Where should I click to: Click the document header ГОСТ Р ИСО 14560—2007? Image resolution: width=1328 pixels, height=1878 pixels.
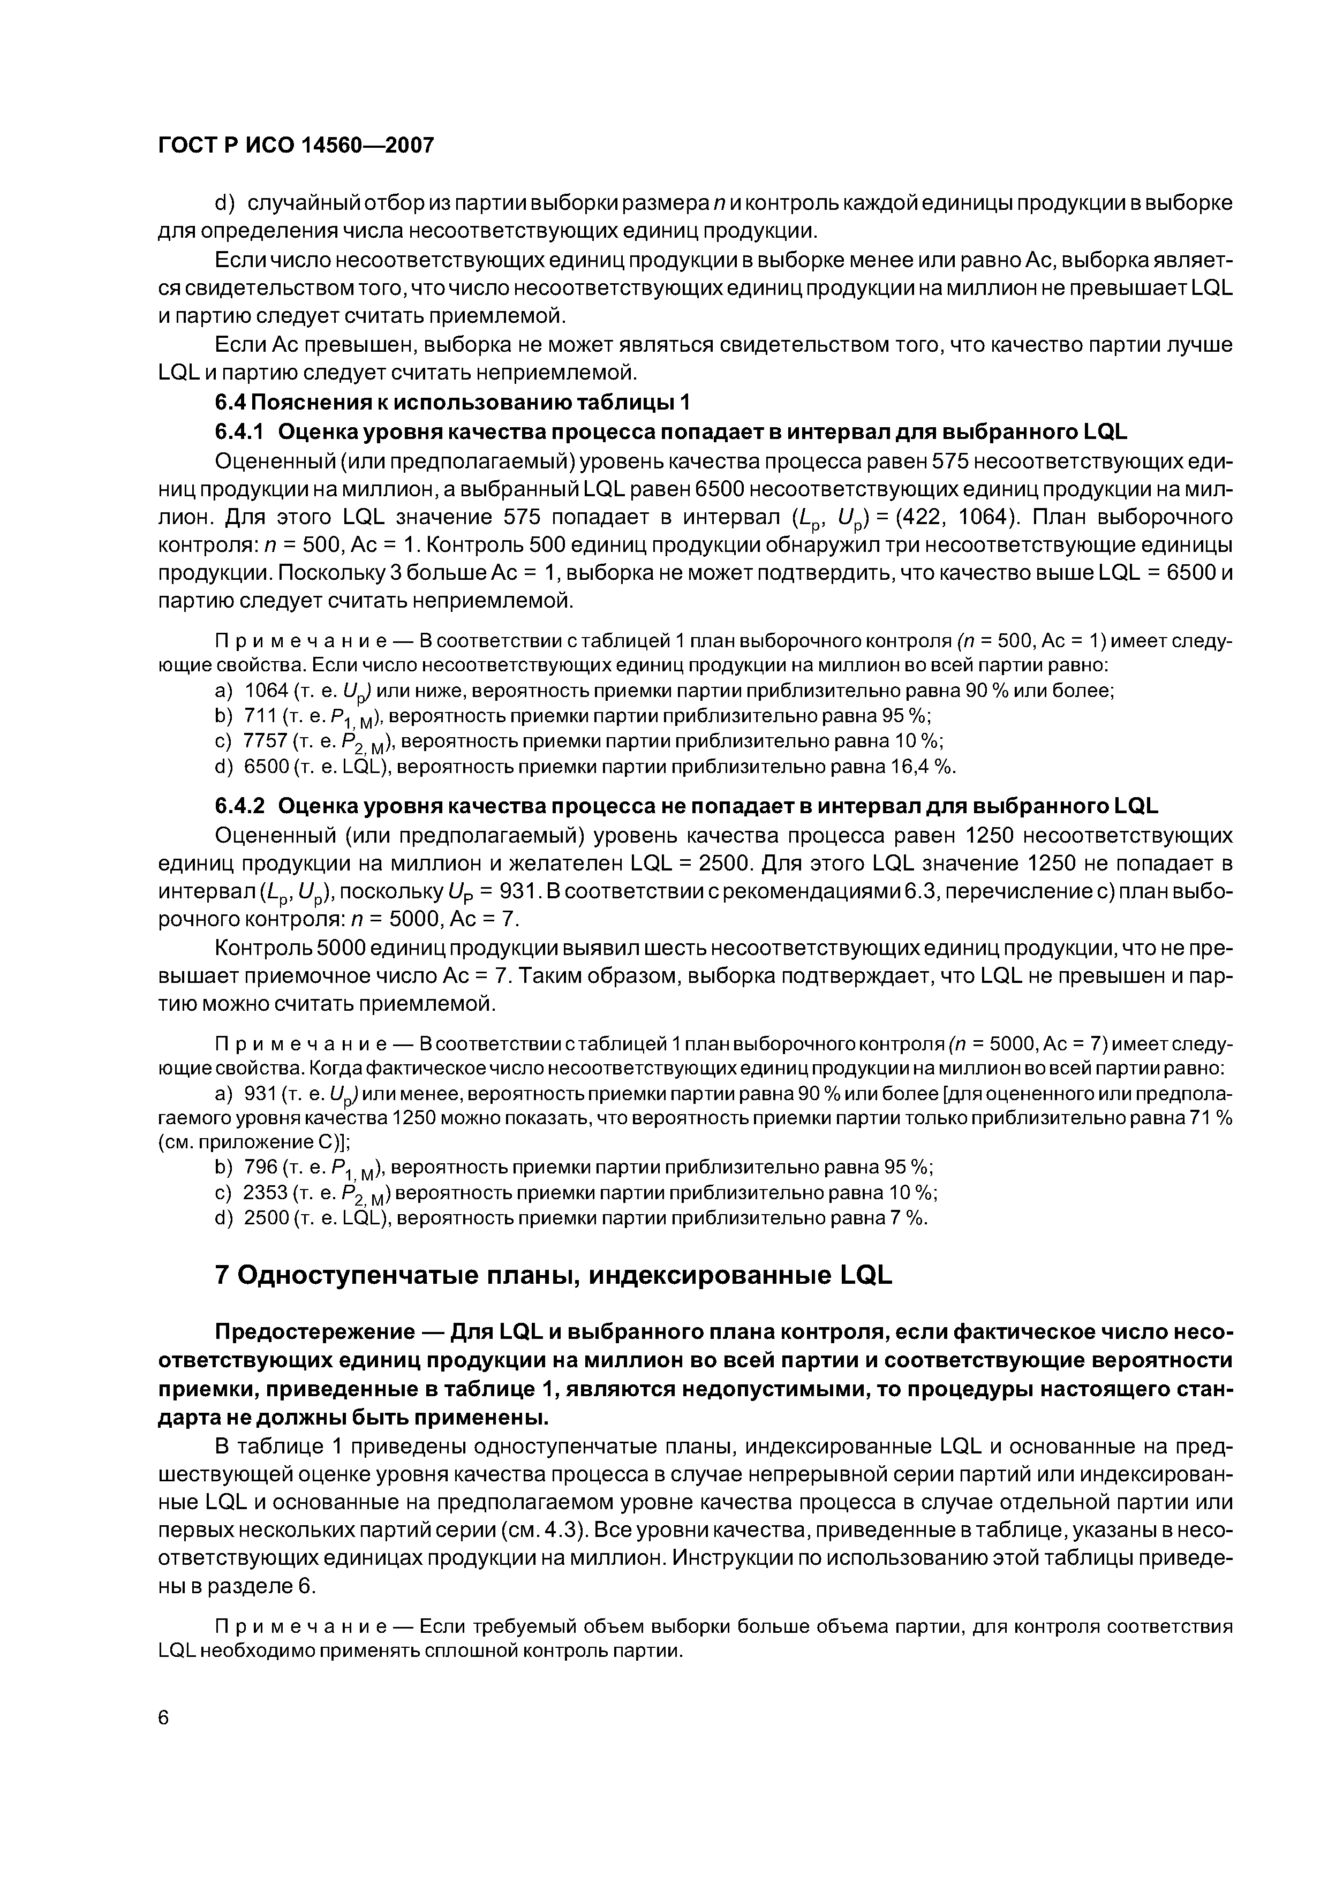(296, 146)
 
